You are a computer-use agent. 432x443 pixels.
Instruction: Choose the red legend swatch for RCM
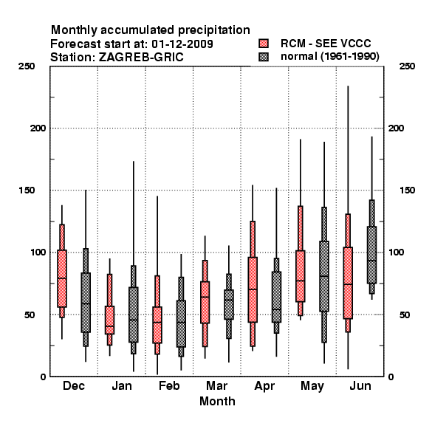click(264, 44)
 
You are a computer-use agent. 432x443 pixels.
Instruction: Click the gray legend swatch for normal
click(264, 57)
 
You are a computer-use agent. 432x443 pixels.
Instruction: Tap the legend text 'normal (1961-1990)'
click(330, 57)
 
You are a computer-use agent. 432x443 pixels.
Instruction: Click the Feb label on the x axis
click(169, 385)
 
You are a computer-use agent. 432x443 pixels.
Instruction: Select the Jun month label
click(360, 385)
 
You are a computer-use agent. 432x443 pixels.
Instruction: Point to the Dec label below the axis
click(74, 385)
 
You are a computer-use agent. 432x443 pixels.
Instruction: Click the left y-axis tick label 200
click(38, 128)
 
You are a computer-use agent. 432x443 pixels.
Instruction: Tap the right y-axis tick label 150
click(407, 190)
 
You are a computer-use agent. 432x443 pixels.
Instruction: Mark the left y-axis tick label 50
click(30, 315)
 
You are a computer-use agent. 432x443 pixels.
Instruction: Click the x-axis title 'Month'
click(217, 401)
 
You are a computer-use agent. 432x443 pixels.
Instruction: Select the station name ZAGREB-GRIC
click(141, 58)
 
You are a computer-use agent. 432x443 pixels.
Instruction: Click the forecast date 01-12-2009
click(182, 44)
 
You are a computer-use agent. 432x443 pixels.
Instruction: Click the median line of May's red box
click(301, 281)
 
